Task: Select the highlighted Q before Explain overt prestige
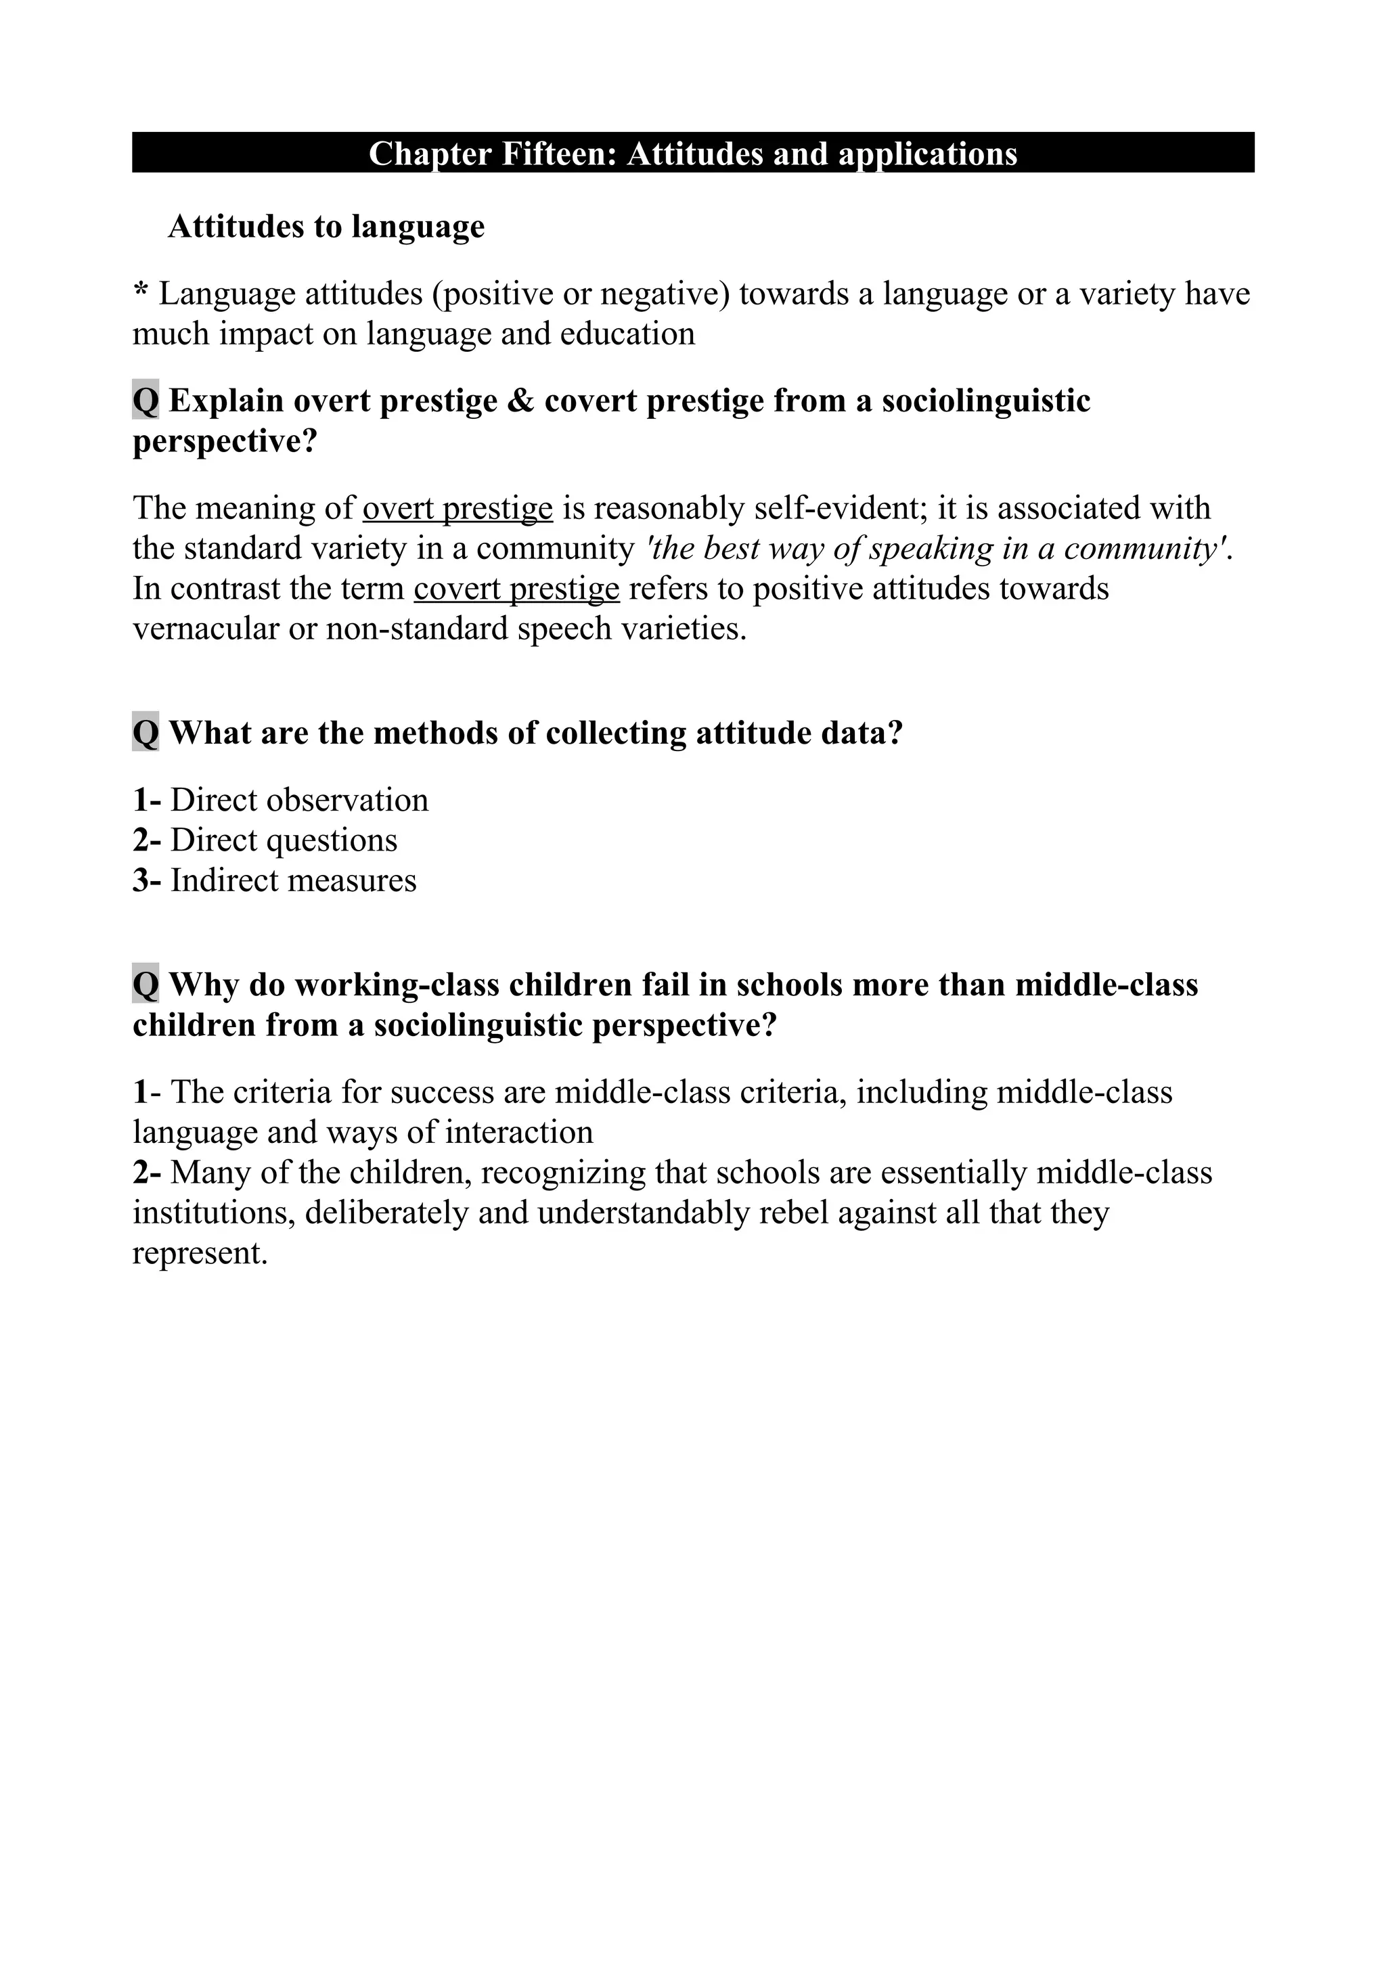coord(146,401)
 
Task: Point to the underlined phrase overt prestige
coord(457,508)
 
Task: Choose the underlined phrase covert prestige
coord(516,589)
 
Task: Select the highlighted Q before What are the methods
coord(146,732)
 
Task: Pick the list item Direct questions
coord(284,840)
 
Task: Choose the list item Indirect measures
coord(293,880)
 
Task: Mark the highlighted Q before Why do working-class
coord(146,984)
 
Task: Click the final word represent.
coord(200,1253)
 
